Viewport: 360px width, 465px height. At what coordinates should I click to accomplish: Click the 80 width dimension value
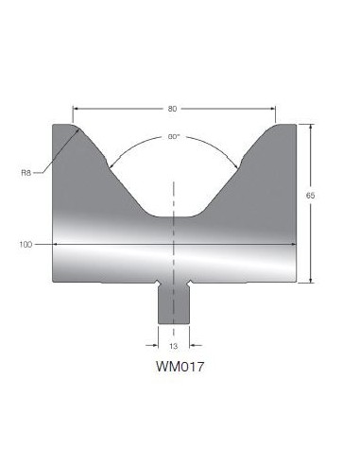coord(172,109)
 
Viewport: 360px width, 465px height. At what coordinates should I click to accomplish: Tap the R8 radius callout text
coord(26,173)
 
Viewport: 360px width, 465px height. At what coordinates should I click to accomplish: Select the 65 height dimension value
coord(310,196)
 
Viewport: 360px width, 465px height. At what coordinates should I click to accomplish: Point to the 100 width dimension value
coord(26,245)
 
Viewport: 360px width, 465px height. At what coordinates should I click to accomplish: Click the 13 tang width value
coord(174,346)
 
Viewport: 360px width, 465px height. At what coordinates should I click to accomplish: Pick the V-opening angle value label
coord(173,137)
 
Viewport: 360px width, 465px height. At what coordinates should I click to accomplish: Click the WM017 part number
coord(180,367)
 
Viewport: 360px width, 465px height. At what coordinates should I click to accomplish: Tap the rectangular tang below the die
coord(174,304)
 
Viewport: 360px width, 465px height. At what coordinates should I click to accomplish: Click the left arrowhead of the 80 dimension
coord(76,109)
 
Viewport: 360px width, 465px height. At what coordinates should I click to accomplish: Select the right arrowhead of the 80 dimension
coord(273,109)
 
